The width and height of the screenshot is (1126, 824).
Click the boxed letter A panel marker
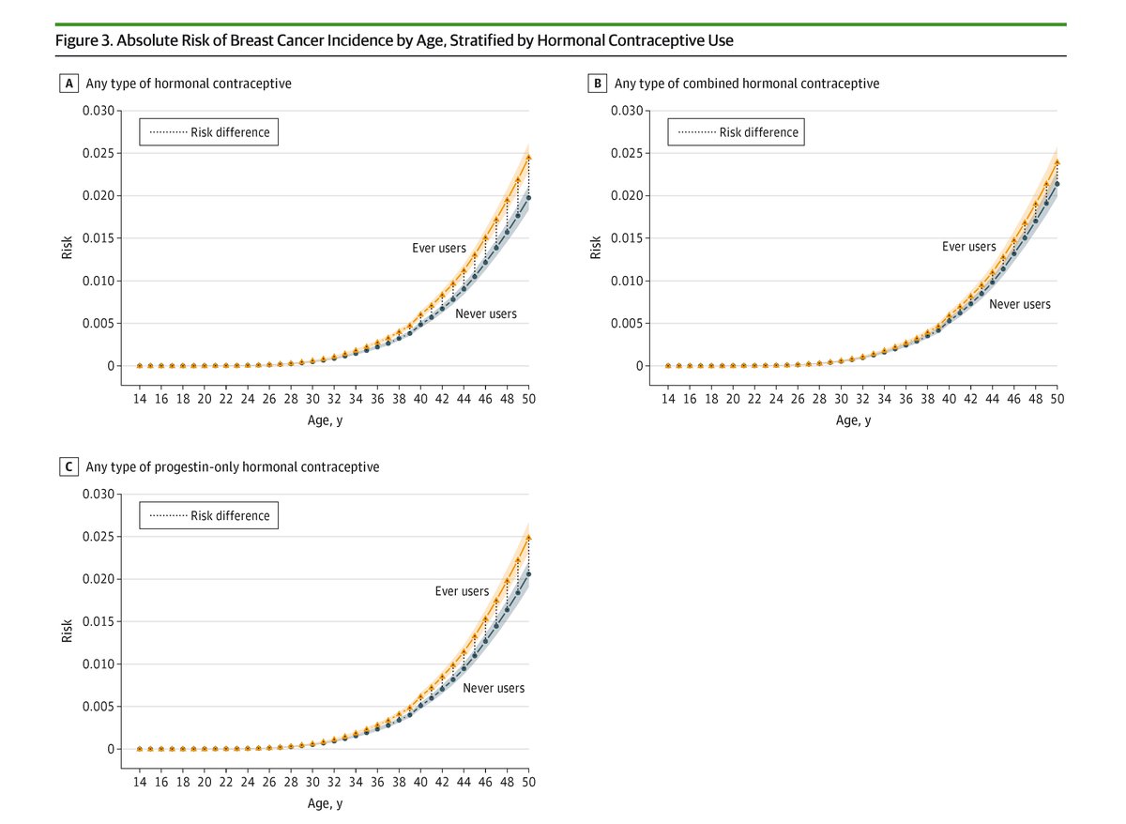[x=68, y=84]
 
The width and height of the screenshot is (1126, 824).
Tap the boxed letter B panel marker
[x=596, y=84]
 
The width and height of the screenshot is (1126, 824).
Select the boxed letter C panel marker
[x=68, y=466]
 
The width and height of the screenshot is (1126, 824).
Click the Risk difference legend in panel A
[x=209, y=132]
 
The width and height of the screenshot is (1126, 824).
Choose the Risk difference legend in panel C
[x=209, y=515]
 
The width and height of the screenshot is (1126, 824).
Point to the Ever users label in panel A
[x=439, y=248]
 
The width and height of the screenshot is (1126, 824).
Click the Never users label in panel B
[x=1020, y=304]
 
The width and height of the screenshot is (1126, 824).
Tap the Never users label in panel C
[x=494, y=688]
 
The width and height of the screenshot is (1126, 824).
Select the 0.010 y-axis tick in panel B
[x=627, y=282]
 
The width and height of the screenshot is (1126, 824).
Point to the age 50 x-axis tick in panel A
[x=528, y=398]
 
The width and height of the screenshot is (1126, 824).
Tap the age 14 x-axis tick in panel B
[x=668, y=398]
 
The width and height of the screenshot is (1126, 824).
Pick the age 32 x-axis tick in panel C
[x=334, y=781]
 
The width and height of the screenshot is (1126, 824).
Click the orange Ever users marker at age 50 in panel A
[x=528, y=158]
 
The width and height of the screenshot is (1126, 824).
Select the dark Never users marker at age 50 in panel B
[x=1057, y=184]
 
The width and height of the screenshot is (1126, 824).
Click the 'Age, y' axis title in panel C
[x=326, y=803]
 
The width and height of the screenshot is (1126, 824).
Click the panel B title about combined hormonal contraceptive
[x=747, y=84]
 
